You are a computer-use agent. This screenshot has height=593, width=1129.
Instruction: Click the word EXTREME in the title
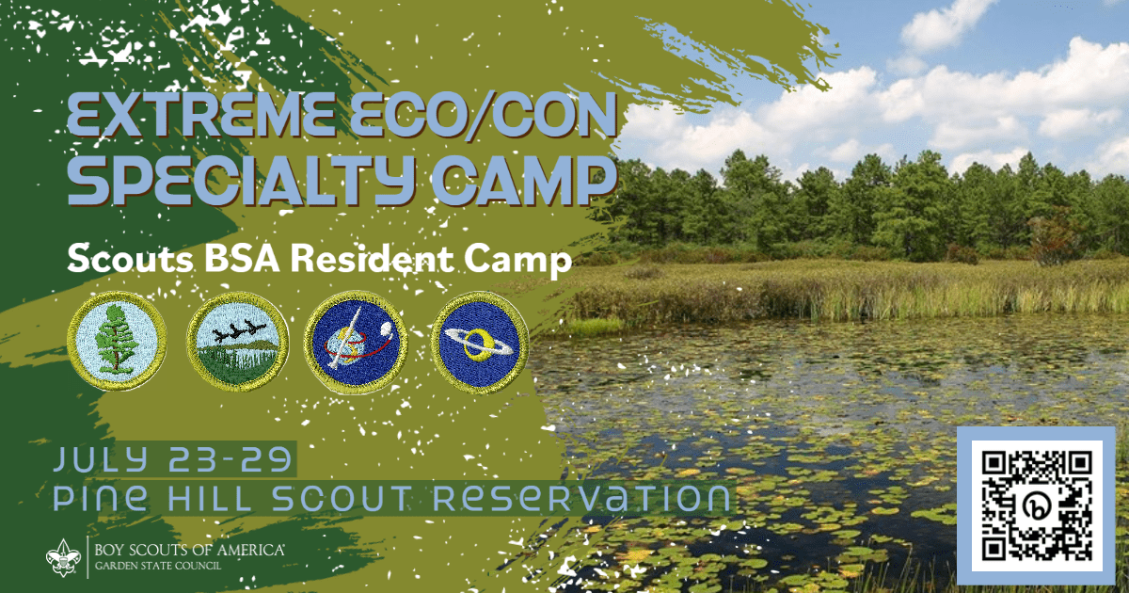tap(200, 116)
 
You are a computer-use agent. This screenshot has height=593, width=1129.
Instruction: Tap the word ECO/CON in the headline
tap(484, 116)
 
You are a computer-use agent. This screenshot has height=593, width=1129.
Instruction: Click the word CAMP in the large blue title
tap(525, 181)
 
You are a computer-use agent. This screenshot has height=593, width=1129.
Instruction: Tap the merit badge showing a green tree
tap(117, 342)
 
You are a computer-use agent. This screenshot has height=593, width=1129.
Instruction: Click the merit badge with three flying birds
tap(238, 343)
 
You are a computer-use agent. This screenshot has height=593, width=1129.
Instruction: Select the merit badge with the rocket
tap(356, 343)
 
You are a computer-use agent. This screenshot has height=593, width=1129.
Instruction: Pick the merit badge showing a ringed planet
tap(479, 343)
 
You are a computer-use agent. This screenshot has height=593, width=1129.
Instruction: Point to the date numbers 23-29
tap(230, 460)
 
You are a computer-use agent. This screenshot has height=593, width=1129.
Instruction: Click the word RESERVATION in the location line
tap(581, 497)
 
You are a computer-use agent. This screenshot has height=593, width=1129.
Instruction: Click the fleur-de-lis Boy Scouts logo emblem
tap(63, 557)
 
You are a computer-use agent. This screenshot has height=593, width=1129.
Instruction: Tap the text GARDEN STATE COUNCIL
tap(158, 566)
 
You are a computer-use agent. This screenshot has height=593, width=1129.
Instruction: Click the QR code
tap(1036, 505)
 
